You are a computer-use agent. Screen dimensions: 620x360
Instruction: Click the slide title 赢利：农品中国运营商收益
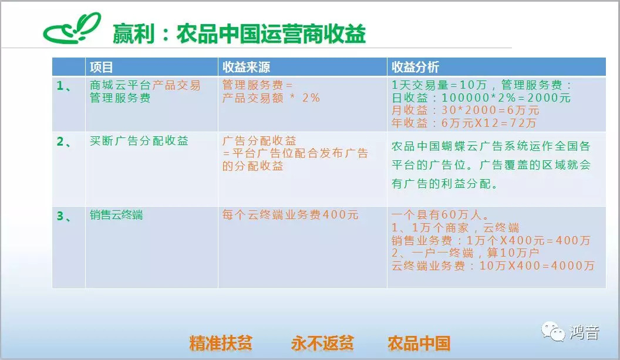pos(239,33)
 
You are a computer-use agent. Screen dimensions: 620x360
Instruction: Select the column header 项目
pos(101,67)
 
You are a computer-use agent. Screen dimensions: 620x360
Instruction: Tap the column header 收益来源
pos(246,67)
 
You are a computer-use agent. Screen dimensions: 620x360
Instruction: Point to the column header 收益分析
pos(415,67)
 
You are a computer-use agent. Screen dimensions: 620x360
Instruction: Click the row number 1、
pos(64,86)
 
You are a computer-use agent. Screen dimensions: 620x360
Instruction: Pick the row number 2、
pos(64,141)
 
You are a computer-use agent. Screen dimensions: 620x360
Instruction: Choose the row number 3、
pos(64,216)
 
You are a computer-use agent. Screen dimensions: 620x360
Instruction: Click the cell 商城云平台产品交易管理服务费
pos(145,92)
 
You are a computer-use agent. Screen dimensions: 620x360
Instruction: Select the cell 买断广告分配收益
pos(139,141)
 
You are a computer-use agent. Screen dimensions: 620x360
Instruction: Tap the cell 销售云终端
pos(116,215)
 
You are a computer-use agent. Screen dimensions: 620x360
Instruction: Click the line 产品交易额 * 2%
pos(271,97)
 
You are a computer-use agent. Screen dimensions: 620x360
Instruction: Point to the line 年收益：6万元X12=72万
pos(464,123)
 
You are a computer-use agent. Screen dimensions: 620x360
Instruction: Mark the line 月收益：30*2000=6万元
pos(466,110)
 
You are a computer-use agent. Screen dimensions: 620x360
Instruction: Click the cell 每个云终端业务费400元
pos(290,215)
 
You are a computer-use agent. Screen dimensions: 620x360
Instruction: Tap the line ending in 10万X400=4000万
pos(493,265)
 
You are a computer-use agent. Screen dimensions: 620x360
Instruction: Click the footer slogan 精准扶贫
pos(221,343)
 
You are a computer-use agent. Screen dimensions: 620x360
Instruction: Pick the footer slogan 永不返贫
pos(322,343)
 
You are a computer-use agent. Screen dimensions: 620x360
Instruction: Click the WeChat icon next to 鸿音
pos(553,331)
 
